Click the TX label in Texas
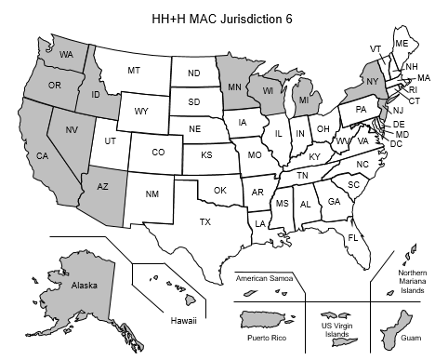point(205,221)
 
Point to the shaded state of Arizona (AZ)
point(103,187)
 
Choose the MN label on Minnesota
point(237,81)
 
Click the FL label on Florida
point(353,238)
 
